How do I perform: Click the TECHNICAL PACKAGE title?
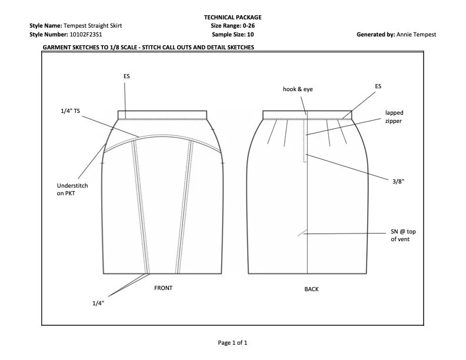point(232,18)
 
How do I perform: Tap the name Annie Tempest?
point(417,35)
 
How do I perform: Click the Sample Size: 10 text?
point(232,35)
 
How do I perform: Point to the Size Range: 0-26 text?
point(232,26)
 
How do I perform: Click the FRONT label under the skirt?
point(163,288)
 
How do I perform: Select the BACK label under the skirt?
point(311,289)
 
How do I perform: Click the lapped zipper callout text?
point(394,116)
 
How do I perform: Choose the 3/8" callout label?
point(398,182)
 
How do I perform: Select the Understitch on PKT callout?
point(69,189)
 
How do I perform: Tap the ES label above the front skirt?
point(127,76)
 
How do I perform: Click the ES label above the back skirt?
point(378,86)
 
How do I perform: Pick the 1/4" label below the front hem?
point(98,303)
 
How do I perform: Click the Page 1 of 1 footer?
point(232,342)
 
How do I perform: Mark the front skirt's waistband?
point(162,115)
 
